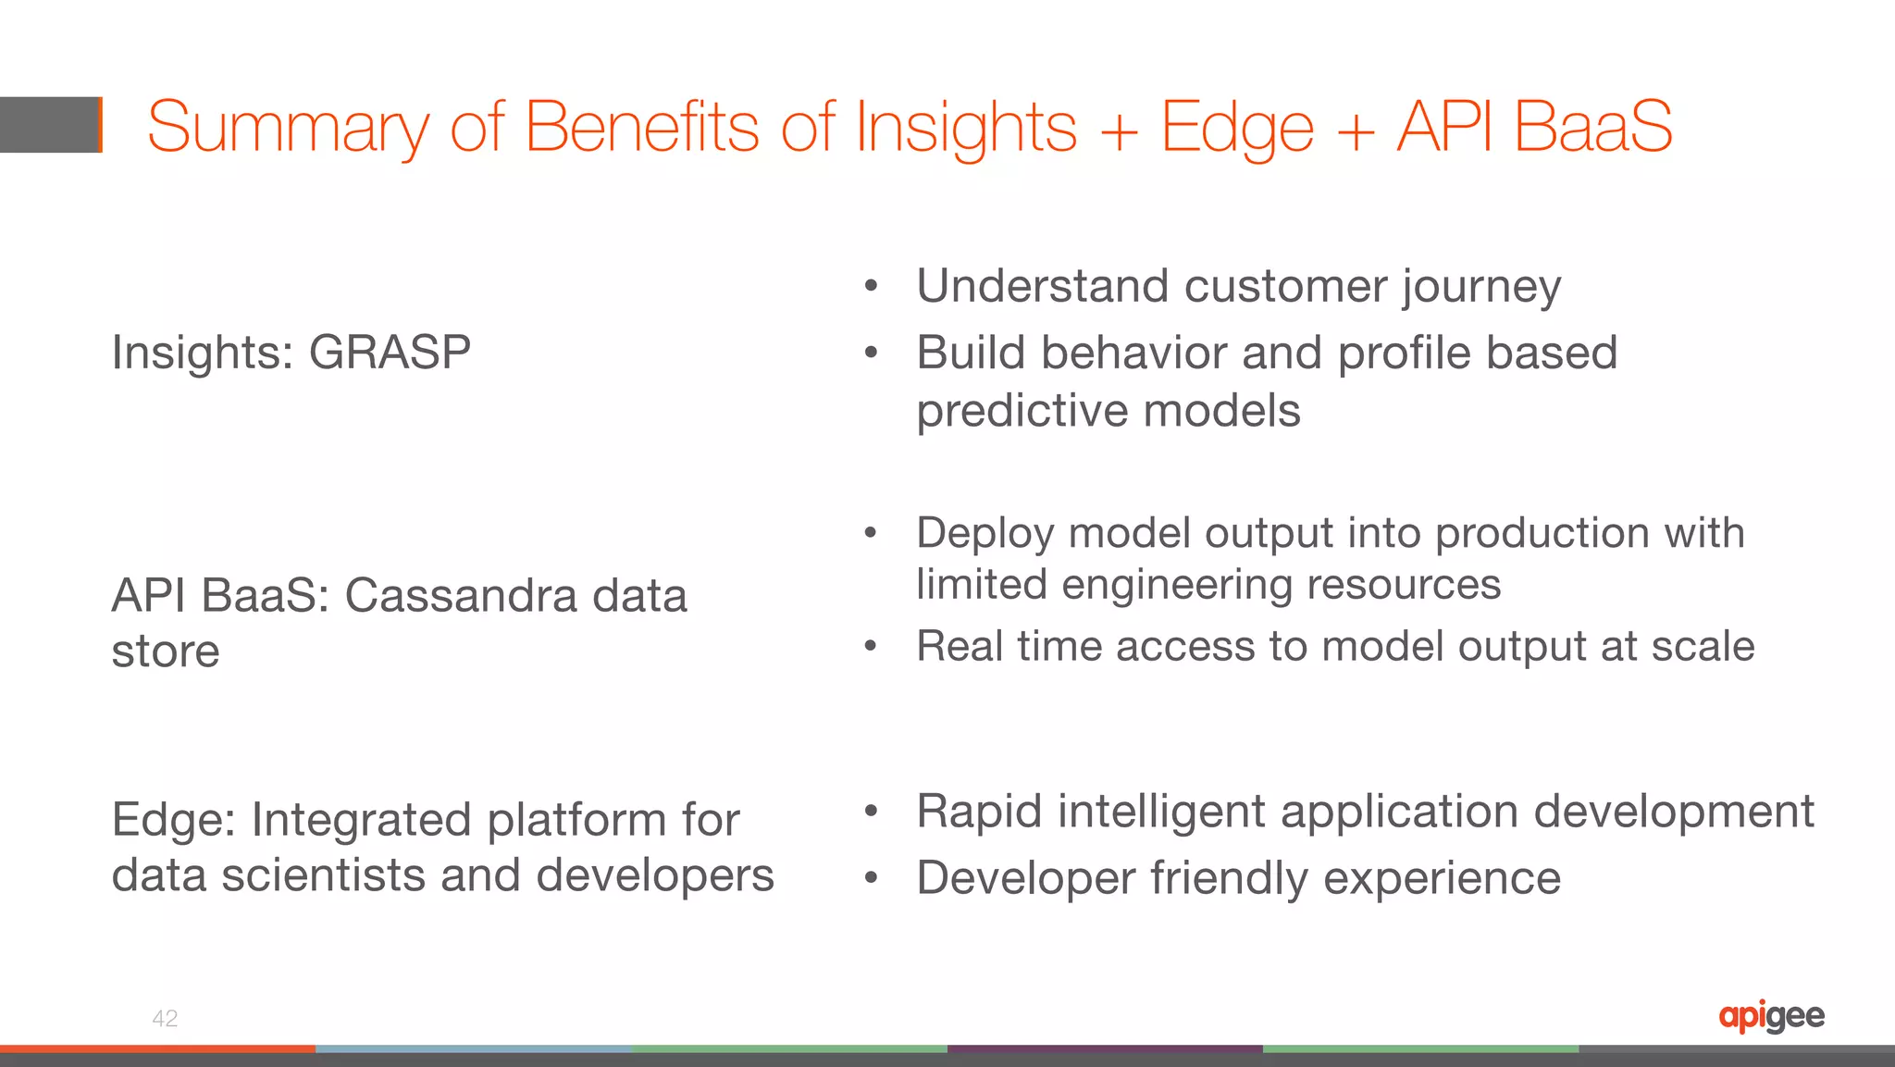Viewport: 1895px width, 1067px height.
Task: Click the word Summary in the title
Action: point(288,129)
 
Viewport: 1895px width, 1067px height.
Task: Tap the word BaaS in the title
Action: point(1593,127)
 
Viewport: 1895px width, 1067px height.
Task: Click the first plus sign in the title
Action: point(1119,130)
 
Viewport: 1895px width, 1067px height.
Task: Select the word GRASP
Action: point(390,353)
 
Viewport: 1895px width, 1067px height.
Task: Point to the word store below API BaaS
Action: point(166,651)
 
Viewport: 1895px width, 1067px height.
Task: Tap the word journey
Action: point(1481,287)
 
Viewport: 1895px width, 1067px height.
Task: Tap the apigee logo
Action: point(1771,1016)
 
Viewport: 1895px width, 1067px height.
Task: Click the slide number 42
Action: point(165,1019)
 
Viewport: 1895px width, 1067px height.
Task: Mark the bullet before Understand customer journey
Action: point(870,286)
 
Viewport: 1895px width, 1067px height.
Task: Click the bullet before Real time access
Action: point(870,646)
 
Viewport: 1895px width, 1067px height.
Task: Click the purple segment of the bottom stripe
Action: point(1105,1049)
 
